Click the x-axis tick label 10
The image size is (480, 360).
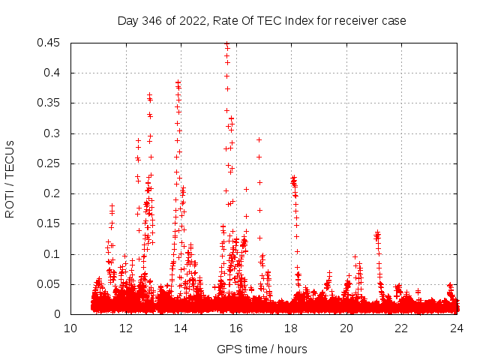tap(70, 328)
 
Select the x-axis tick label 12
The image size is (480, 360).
tap(126, 328)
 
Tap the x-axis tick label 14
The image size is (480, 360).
tap(181, 328)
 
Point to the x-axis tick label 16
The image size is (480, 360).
tap(236, 328)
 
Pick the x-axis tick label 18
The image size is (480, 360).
tap(291, 328)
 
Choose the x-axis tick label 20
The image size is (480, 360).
tap(346, 328)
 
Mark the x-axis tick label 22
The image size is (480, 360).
tap(401, 328)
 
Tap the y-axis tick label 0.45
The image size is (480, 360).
tap(49, 43)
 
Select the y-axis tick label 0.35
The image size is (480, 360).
tap(49, 103)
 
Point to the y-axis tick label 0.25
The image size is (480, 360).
tap(49, 163)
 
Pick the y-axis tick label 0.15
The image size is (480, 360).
tap(49, 223)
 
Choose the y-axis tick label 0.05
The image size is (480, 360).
tap(49, 284)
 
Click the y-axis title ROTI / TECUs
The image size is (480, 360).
tap(10, 178)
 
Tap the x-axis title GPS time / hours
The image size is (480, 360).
tap(262, 349)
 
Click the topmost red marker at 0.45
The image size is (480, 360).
tap(226, 44)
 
